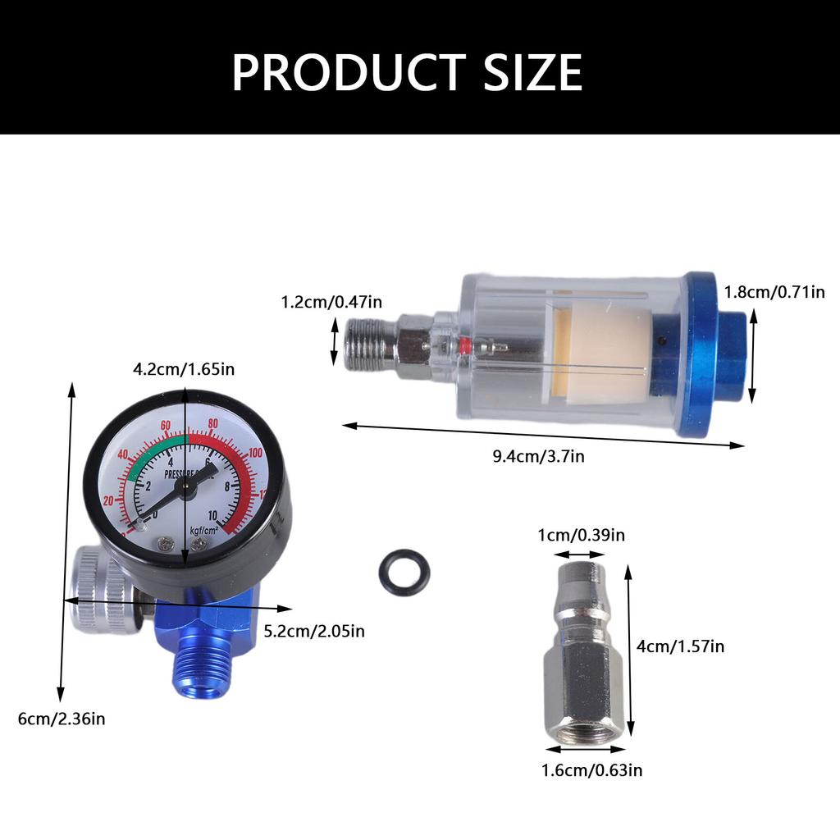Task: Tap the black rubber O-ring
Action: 404,571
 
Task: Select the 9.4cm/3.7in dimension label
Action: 538,457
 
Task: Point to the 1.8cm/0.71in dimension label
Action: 774,292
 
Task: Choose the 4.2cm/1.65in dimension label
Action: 184,369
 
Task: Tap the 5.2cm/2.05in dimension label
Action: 314,631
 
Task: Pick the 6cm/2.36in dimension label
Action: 62,719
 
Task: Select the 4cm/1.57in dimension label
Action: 680,646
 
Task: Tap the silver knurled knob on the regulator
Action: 98,591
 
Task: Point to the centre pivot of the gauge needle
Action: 185,486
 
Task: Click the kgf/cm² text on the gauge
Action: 205,530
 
